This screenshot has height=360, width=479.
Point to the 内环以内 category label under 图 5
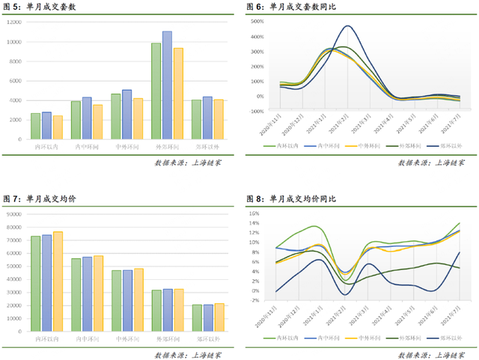pyautogui.click(x=46, y=147)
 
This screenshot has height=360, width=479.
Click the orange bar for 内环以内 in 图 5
pyautogui.click(x=58, y=127)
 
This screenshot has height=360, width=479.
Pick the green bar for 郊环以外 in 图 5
pyautogui.click(x=196, y=119)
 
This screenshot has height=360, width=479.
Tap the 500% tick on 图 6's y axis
pyautogui.click(x=257, y=22)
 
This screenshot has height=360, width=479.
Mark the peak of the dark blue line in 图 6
pyautogui.click(x=347, y=27)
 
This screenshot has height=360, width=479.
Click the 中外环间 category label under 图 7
pyautogui.click(x=126, y=339)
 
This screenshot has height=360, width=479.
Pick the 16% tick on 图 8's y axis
pyautogui.click(x=254, y=213)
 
